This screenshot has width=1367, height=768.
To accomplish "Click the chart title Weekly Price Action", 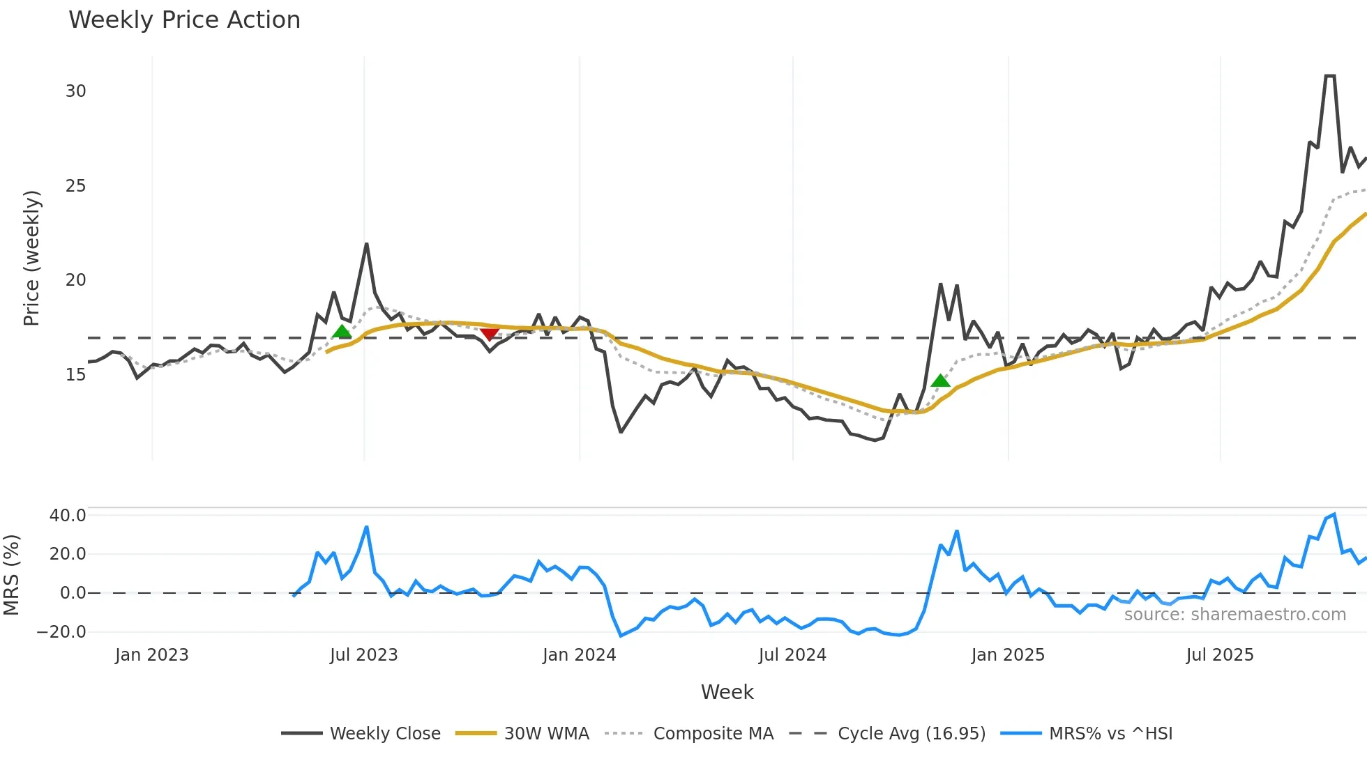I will click(184, 20).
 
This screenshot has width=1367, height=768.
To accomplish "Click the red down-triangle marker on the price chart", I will click(490, 334).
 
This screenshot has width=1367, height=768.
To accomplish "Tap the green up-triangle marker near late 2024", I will click(940, 381).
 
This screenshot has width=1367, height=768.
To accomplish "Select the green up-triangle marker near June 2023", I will click(342, 331).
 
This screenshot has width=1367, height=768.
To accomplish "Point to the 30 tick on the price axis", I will click(76, 91).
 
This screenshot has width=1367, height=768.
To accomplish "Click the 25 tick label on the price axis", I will click(76, 186).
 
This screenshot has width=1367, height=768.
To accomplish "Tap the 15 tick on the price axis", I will click(76, 375).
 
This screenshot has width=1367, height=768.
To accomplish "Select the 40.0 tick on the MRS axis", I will click(68, 516).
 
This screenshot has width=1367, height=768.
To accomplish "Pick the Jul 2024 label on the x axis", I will click(792, 655).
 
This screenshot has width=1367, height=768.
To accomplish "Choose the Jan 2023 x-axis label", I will click(152, 655).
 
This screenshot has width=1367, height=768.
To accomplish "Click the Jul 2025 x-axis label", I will click(1220, 655).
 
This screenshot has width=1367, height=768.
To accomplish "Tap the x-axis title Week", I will click(727, 692).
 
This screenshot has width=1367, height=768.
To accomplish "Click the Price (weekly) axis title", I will click(32, 258).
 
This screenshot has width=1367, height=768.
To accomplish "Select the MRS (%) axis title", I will click(11, 575).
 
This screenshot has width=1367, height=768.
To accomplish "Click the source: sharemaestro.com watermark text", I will click(1234, 615).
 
